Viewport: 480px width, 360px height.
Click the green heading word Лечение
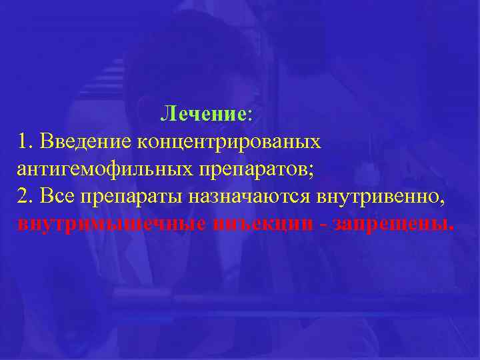click(203, 114)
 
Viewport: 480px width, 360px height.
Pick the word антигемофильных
click(105, 169)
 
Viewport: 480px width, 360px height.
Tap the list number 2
click(25, 196)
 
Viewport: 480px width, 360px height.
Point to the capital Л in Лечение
click(167, 114)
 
